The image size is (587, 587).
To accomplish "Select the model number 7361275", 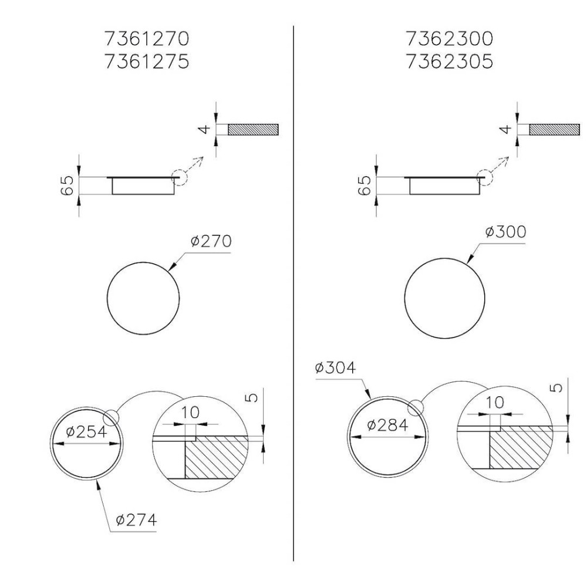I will (x=147, y=61).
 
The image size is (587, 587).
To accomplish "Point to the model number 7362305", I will (x=449, y=61).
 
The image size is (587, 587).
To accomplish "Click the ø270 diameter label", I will (x=211, y=241).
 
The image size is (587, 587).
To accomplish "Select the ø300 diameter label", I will (x=505, y=232).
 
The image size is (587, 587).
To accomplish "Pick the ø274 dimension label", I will (x=136, y=520).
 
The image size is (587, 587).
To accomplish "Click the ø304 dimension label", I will (x=335, y=368).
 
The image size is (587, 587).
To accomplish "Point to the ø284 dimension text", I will (x=387, y=425).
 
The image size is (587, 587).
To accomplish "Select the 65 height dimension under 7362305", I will (x=365, y=186).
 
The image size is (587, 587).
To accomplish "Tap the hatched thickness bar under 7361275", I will (x=253, y=130).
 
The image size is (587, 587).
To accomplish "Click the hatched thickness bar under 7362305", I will (x=554, y=130).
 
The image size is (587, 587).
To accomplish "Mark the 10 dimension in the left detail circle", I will (x=190, y=413).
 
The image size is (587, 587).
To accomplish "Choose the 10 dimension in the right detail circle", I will (x=495, y=403).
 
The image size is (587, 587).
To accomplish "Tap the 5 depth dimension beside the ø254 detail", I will (x=252, y=397).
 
